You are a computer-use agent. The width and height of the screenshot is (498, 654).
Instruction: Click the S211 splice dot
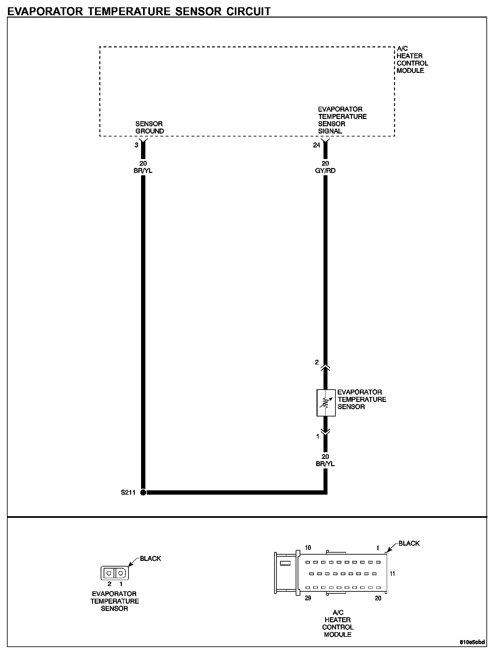point(143,492)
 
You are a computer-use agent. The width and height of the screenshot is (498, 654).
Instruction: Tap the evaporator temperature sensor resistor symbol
point(326,403)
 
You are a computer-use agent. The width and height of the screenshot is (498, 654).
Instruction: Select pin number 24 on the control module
point(317,145)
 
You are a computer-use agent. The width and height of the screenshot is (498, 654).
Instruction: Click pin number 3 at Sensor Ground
point(136,145)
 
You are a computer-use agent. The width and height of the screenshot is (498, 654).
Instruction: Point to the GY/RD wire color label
point(326,171)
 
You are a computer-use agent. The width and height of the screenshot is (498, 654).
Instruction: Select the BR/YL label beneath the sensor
point(325,464)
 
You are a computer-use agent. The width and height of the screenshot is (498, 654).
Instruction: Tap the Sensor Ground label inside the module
point(150,128)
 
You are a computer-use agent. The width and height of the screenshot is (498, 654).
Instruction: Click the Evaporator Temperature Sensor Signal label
point(342,120)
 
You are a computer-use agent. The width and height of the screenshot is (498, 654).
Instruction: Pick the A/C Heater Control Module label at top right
point(412,60)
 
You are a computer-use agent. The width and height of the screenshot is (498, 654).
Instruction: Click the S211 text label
point(128,492)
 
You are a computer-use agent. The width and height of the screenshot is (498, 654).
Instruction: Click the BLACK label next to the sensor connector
point(150,559)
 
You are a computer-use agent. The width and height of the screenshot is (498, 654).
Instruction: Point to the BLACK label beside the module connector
point(409,543)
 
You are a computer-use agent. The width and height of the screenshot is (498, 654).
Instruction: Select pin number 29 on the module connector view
point(308,598)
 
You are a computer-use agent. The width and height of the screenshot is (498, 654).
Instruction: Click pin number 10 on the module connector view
point(308,548)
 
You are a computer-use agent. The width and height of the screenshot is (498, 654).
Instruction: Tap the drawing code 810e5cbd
point(472,642)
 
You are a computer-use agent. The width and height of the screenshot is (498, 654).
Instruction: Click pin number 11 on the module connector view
point(392,573)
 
